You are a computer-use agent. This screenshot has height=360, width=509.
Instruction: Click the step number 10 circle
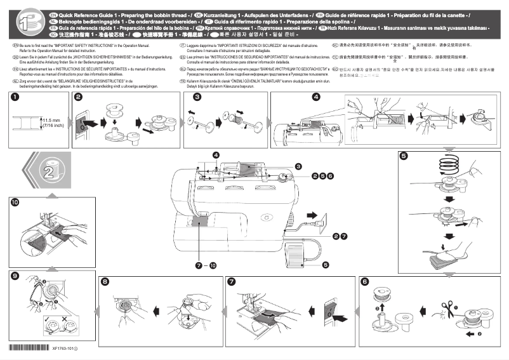[x=15, y=203]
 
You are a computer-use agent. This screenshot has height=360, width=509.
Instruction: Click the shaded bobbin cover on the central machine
[x=202, y=222]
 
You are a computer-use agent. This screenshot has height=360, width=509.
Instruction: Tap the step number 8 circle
[x=105, y=281]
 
